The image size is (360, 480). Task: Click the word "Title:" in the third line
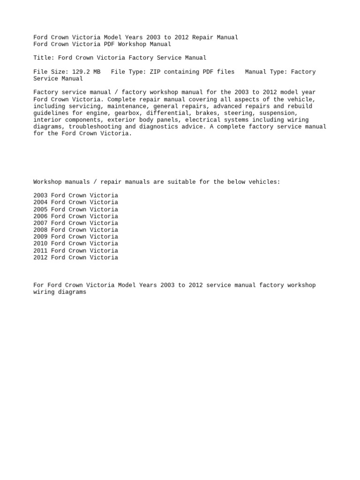point(44,58)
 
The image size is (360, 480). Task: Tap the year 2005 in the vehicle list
point(40,210)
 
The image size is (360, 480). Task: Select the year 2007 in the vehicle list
point(40,223)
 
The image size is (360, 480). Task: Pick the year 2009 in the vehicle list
point(40,237)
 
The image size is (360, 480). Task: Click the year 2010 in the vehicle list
point(40,244)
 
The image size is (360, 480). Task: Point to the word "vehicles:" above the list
point(264,182)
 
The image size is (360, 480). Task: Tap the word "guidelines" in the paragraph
point(51,113)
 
